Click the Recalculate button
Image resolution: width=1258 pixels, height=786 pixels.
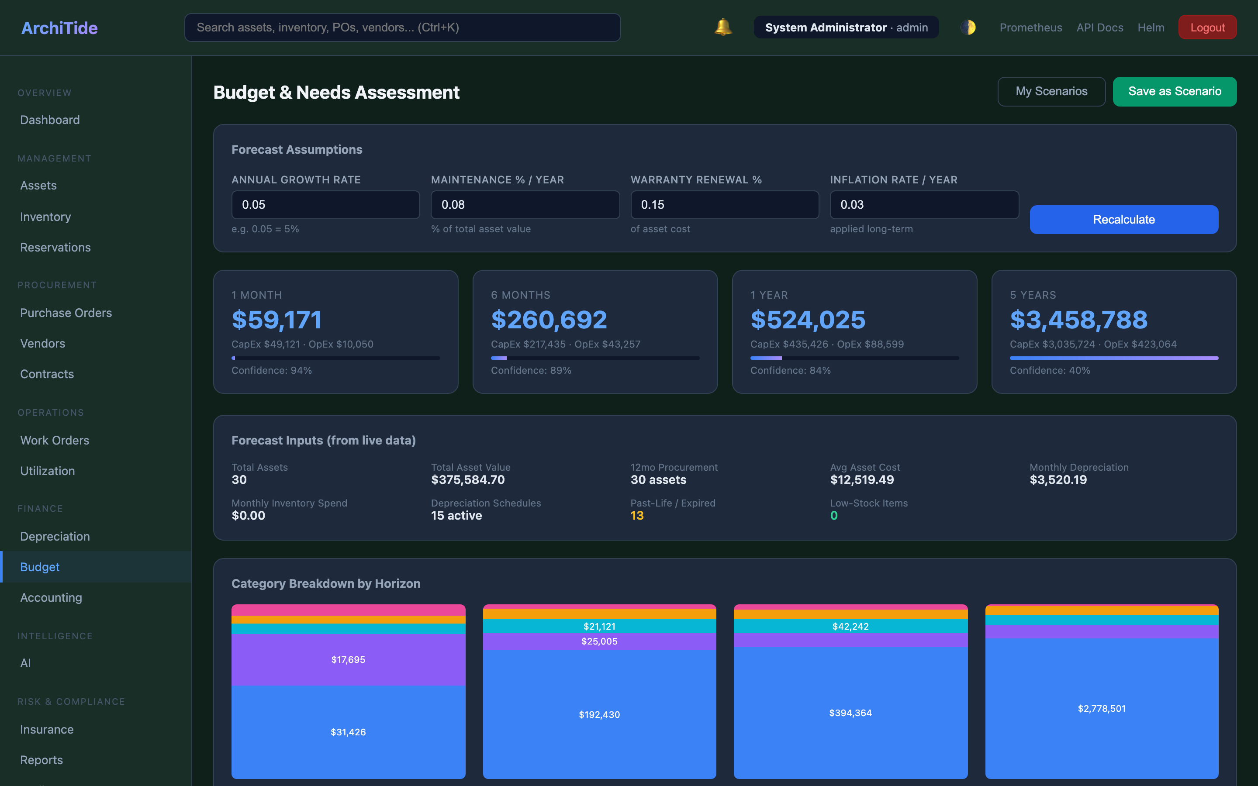[1123, 219]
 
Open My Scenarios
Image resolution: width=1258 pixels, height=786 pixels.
[1051, 92]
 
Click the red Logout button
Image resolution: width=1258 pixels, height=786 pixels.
[1207, 28]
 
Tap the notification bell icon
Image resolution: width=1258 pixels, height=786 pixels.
[722, 27]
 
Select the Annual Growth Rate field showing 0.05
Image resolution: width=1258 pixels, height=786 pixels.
[325, 205]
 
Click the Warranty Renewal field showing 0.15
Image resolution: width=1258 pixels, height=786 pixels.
[724, 205]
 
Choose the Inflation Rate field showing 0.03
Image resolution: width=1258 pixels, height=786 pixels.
[924, 205]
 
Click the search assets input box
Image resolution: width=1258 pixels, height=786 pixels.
[402, 28]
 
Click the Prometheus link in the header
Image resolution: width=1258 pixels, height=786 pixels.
[1030, 28]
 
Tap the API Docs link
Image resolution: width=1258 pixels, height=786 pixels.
[1099, 28]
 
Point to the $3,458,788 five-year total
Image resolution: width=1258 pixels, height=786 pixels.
[1078, 320]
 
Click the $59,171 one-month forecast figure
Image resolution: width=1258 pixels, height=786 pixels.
[276, 320]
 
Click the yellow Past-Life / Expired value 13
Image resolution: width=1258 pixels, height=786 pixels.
[637, 516]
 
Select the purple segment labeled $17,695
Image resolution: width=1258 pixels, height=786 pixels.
[348, 660]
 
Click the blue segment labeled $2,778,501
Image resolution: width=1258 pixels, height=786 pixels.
[1102, 709]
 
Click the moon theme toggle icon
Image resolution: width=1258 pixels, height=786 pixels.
[968, 28]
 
